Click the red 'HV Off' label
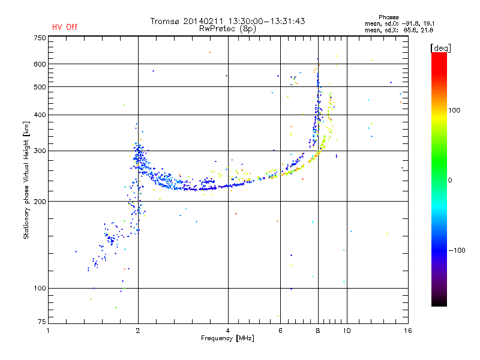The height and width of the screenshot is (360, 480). (x=64, y=27)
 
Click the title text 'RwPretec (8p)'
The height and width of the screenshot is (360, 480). (x=228, y=28)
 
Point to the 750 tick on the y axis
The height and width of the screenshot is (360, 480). (x=40, y=38)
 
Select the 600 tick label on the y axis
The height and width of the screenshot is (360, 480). (x=40, y=64)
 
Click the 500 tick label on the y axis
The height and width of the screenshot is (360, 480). (x=40, y=87)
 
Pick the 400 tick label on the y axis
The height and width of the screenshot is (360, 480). (x=40, y=115)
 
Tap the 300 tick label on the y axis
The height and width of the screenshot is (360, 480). (x=40, y=151)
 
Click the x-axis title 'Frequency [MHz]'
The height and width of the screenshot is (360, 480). (x=227, y=338)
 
